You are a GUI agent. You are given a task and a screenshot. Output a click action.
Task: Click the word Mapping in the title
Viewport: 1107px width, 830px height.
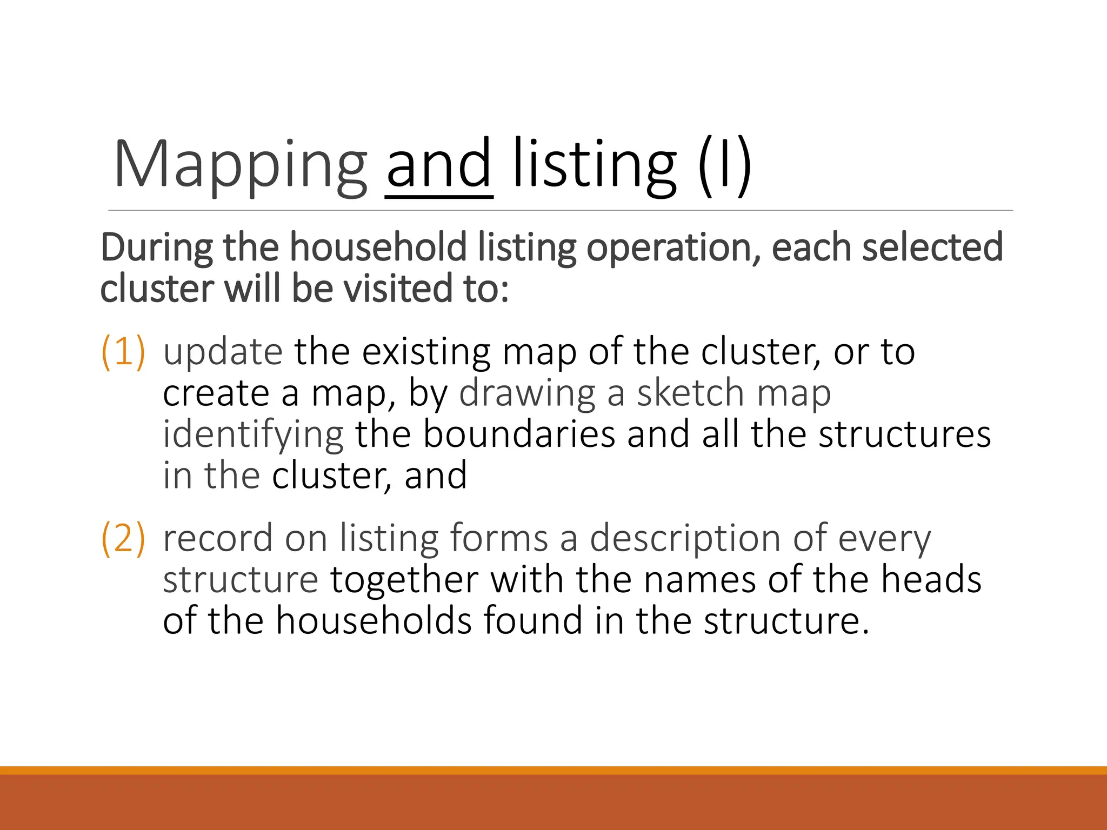coord(241,165)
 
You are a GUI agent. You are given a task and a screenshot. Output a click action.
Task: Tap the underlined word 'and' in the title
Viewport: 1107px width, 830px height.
coord(439,165)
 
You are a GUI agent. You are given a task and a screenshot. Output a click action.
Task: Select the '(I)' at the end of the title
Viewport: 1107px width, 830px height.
coord(724,165)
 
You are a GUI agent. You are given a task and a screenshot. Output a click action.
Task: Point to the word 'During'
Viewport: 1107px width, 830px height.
coord(157,247)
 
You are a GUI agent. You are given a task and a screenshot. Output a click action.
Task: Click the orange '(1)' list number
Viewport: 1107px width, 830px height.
coord(123,352)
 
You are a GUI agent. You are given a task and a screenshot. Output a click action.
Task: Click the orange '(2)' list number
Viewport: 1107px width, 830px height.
coord(123,538)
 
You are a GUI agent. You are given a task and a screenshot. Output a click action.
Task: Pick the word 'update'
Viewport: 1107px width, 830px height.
coord(223,352)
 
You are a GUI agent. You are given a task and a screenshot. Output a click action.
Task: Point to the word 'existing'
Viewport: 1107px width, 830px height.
coord(426,352)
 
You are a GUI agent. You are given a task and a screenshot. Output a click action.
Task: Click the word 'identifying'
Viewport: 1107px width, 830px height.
coord(253,435)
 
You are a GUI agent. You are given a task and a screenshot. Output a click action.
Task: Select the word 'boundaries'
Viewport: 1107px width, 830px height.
coord(519,434)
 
